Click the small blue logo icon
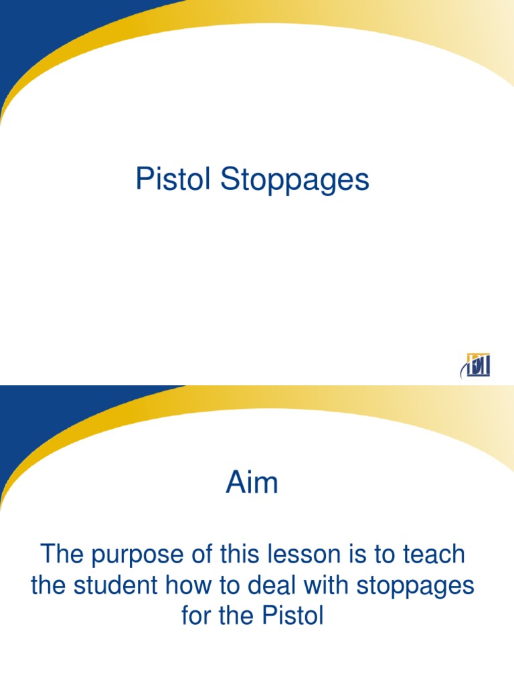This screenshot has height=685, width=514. pyautogui.click(x=475, y=365)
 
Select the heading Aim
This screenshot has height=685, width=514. pyautogui.click(x=252, y=482)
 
